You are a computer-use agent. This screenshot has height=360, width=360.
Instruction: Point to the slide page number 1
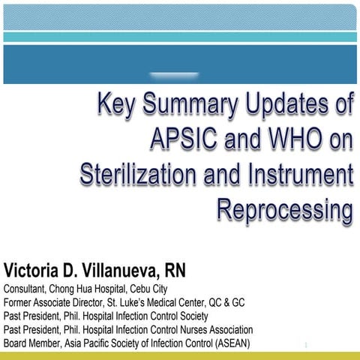[x=307, y=345]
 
